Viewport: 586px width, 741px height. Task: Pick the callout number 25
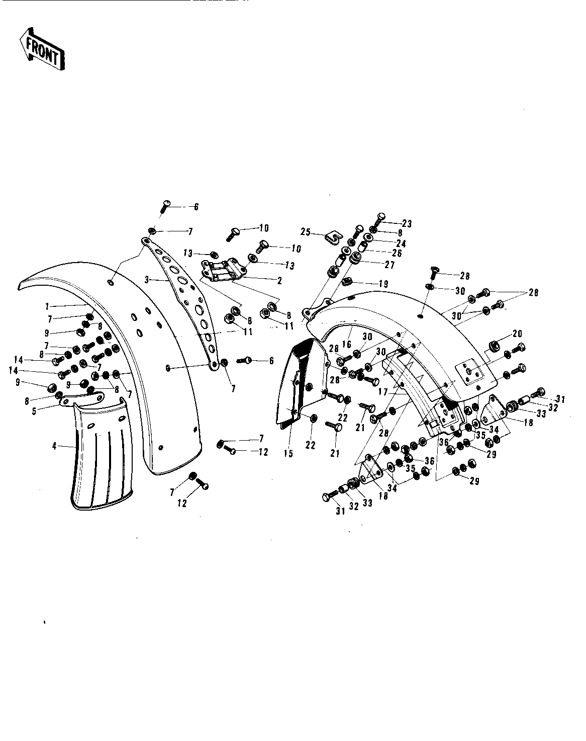pyautogui.click(x=305, y=232)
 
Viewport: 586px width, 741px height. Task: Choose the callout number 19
pyautogui.click(x=383, y=284)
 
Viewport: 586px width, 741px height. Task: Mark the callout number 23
pyautogui.click(x=406, y=224)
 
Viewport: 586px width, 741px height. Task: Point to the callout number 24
pyautogui.click(x=401, y=243)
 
